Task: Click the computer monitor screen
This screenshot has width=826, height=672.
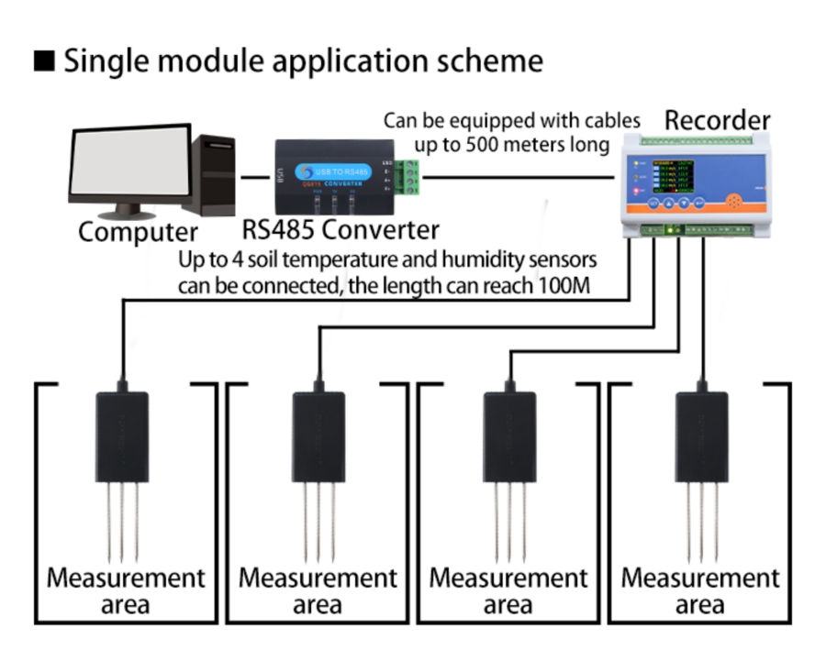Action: pyautogui.click(x=129, y=163)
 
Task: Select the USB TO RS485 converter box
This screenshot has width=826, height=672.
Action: pyautogui.click(x=335, y=175)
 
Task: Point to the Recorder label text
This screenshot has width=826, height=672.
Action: pyautogui.click(x=717, y=120)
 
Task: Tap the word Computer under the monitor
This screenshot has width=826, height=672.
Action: pyautogui.click(x=138, y=231)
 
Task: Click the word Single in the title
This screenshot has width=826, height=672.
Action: pyautogui.click(x=106, y=61)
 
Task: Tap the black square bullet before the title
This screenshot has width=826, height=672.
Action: pyautogui.click(x=44, y=61)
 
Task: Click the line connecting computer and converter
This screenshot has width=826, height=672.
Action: pyautogui.click(x=251, y=175)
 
